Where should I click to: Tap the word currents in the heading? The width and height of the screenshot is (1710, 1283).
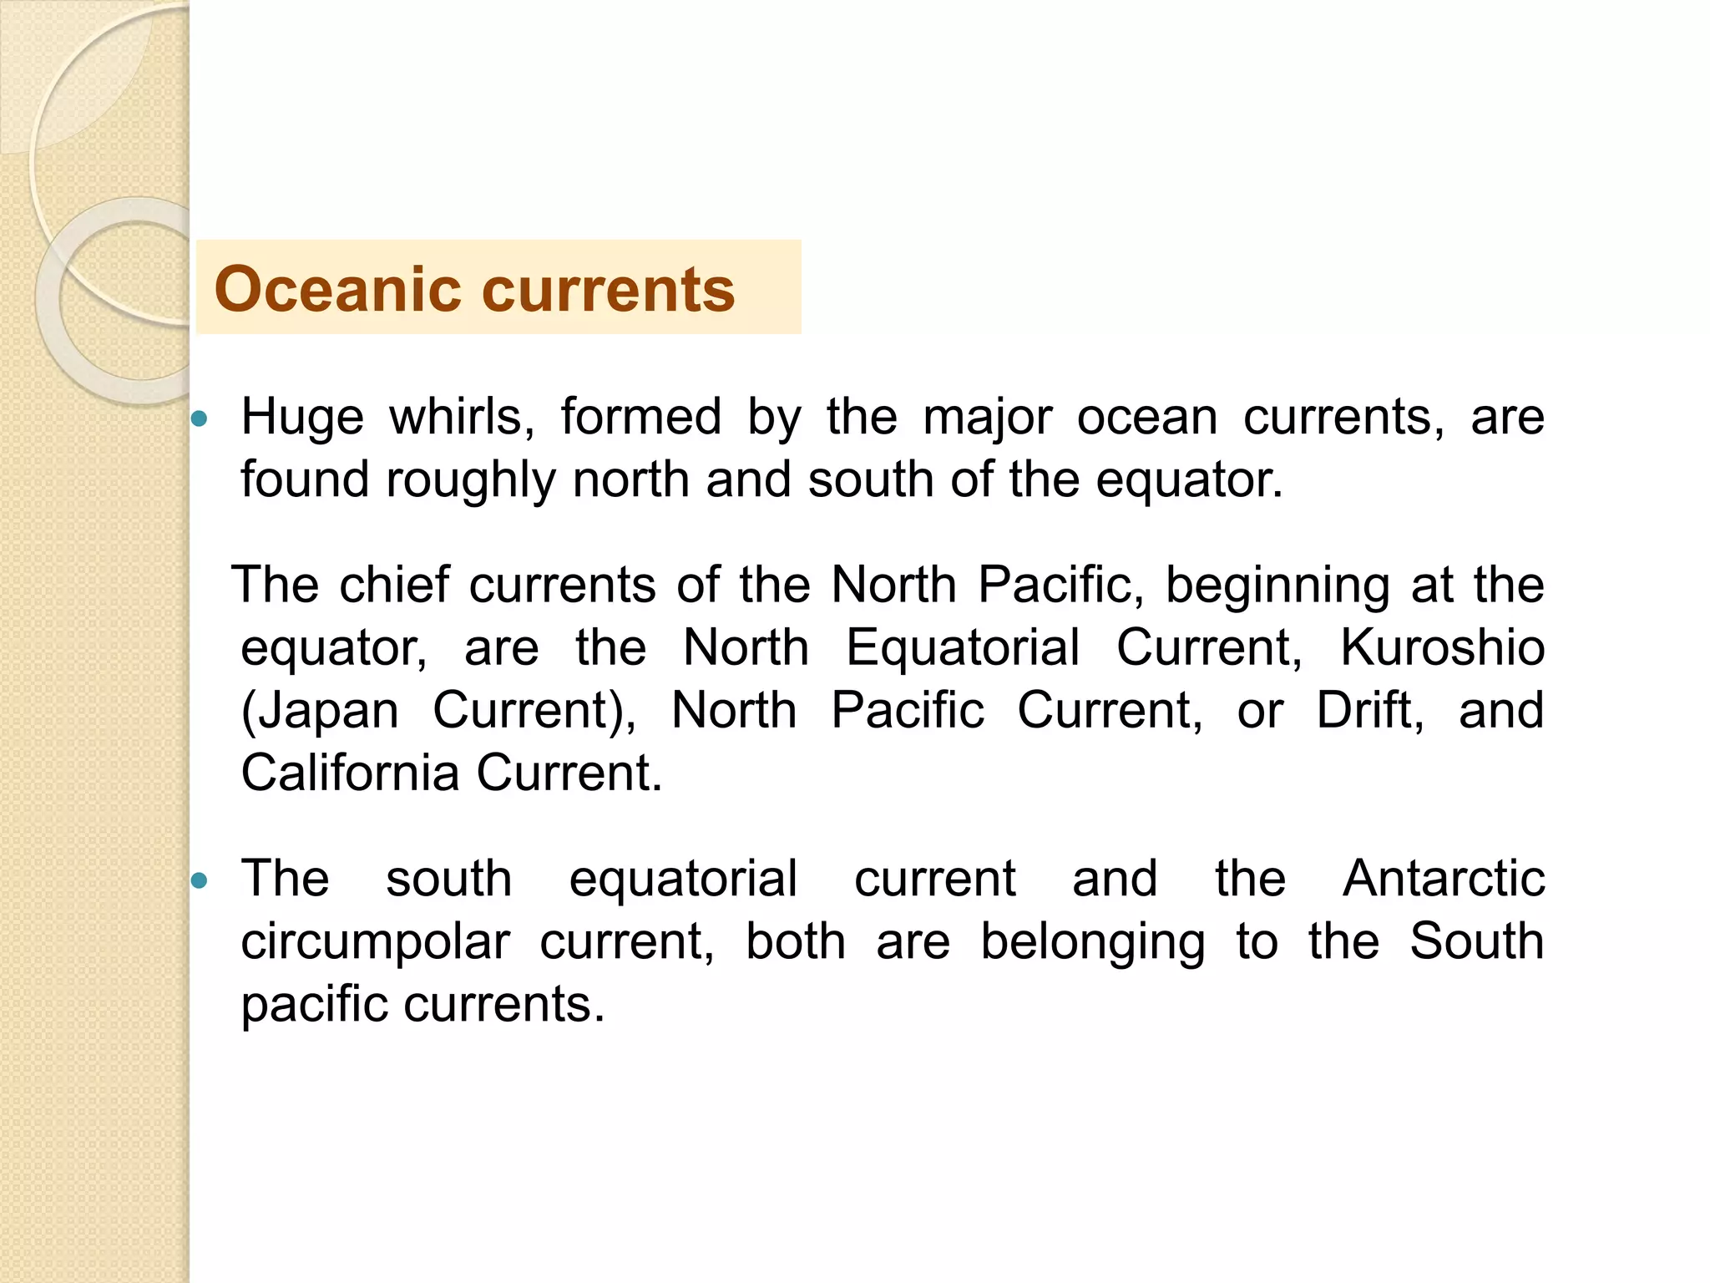point(609,289)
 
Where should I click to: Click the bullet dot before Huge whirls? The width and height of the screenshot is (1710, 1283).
point(199,418)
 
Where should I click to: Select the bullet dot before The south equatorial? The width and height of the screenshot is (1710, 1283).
point(199,880)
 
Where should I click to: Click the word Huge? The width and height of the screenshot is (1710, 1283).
point(302,417)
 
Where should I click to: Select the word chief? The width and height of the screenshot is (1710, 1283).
point(394,585)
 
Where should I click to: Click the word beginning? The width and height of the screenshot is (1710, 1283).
point(1277,585)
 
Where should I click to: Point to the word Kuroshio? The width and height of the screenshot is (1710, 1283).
point(1442,647)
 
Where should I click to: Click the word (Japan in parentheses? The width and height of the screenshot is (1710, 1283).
point(320,711)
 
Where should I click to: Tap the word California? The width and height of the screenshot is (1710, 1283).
point(350,773)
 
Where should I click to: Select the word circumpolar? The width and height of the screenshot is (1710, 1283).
point(375,942)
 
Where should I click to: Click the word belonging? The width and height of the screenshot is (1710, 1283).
point(1092,942)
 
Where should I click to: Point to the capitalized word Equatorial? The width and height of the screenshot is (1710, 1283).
point(963,647)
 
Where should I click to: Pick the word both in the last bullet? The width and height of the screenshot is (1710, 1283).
point(795,941)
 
